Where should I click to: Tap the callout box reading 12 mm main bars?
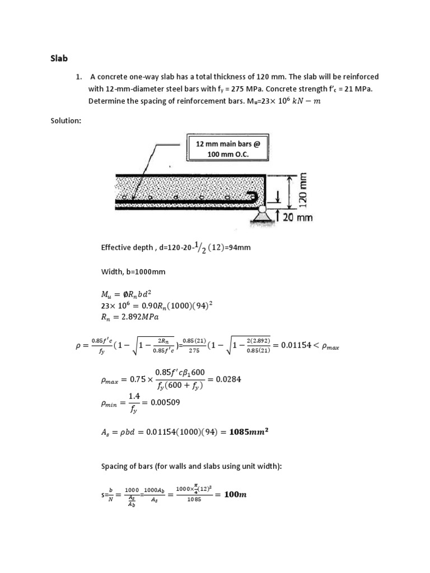tap(228, 149)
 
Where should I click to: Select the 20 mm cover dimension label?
tap(299, 218)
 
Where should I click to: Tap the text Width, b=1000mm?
tap(133, 271)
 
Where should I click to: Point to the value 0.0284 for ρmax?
tap(227, 379)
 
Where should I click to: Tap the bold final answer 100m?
tap(235, 494)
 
